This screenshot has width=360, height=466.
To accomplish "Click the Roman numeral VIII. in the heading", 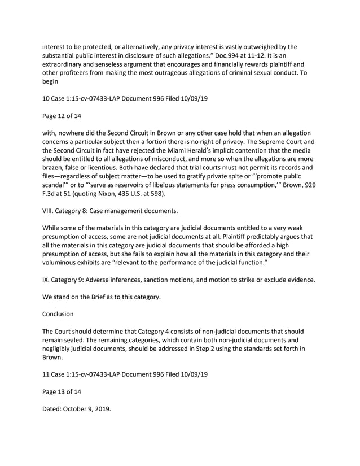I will pyautogui.click(x=50, y=212).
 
